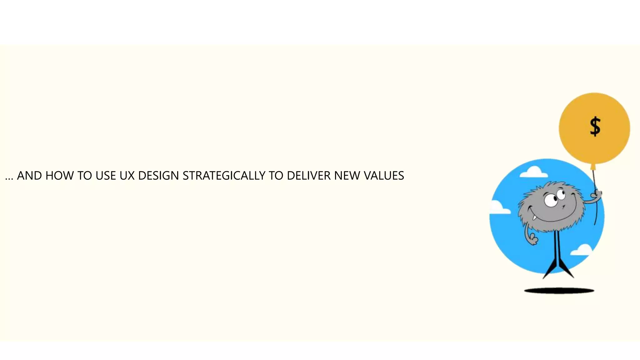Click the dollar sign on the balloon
pyautogui.click(x=595, y=127)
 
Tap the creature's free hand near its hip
pyautogui.click(x=533, y=239)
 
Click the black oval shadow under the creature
pyautogui.click(x=559, y=291)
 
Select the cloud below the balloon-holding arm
pyautogui.click(x=582, y=250)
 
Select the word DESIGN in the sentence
pyautogui.click(x=158, y=176)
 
